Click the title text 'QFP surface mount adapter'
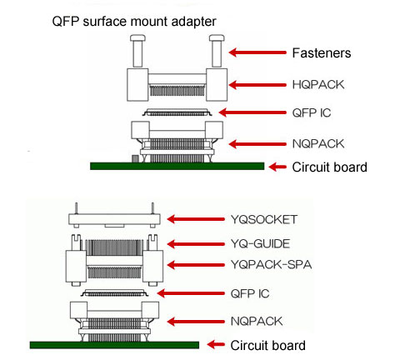(x=134, y=22)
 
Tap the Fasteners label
(x=322, y=53)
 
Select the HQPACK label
(x=318, y=85)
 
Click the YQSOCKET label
(x=264, y=219)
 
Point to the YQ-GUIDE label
(x=260, y=244)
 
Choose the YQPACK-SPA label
(x=271, y=264)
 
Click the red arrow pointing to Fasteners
(x=257, y=52)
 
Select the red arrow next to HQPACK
(x=257, y=85)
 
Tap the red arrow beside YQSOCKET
(x=196, y=219)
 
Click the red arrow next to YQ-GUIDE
(x=196, y=244)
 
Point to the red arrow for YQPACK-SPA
(x=196, y=265)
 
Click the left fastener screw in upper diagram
(x=138, y=51)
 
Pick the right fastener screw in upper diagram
(x=217, y=51)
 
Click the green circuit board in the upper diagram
(x=177, y=166)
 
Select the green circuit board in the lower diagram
(x=114, y=345)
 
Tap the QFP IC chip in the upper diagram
(x=177, y=112)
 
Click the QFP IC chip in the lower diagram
(x=114, y=292)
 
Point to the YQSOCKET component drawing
(x=114, y=219)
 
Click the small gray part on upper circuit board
(x=135, y=158)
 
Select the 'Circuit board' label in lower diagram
(x=268, y=346)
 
